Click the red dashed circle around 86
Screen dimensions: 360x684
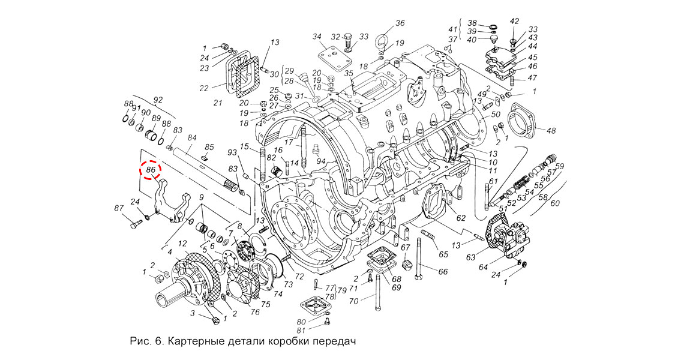point(150,171)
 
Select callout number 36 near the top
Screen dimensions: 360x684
point(401,25)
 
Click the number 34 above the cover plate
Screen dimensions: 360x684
point(317,37)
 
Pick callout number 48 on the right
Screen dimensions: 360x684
point(551,130)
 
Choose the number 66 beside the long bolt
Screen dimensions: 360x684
point(443,272)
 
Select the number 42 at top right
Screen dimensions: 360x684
point(514,22)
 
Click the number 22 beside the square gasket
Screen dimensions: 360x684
point(204,88)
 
